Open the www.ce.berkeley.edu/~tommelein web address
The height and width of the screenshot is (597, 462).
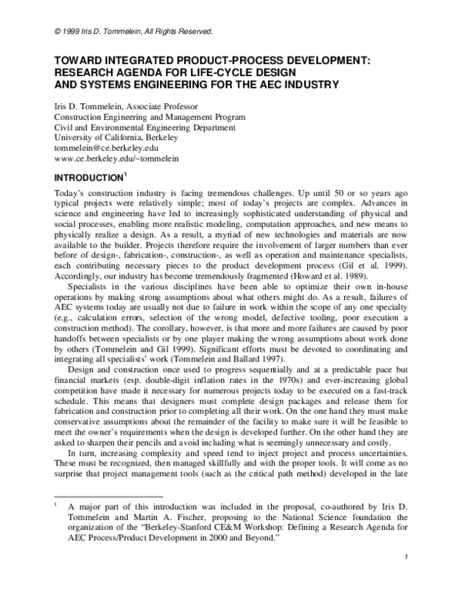point(106,157)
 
